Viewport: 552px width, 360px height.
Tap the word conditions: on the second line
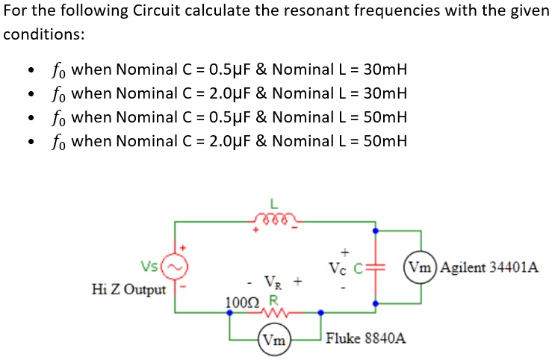(43, 35)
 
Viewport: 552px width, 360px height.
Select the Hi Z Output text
(128, 289)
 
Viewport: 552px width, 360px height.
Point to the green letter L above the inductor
(273, 204)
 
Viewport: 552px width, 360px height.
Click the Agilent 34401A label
(489, 267)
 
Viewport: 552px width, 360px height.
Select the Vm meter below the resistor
(274, 338)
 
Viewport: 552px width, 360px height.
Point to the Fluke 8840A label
(366, 338)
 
